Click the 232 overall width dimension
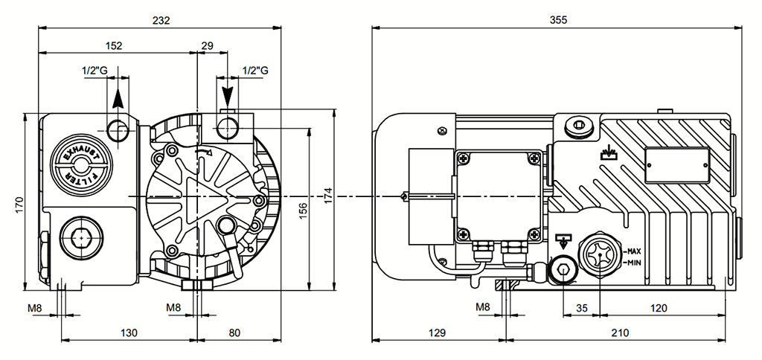[160, 20]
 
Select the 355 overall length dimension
[558, 20]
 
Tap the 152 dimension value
[114, 46]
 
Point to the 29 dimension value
[208, 46]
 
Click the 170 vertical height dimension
[19, 202]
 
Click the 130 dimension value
[129, 332]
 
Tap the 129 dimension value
[438, 332]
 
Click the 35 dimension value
[582, 307]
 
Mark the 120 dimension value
[659, 307]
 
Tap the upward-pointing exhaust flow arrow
[118, 100]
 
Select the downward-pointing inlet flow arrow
[228, 95]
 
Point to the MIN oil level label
[633, 263]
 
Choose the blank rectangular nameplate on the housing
[676, 164]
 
